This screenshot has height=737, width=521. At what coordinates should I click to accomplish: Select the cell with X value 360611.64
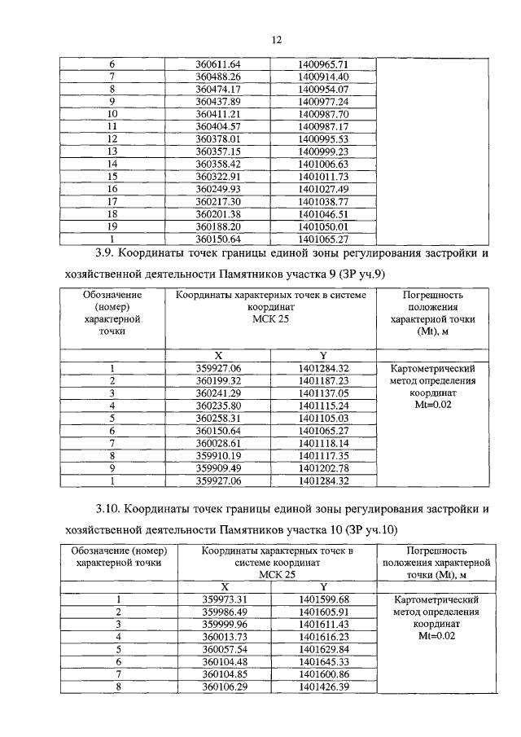(x=219, y=64)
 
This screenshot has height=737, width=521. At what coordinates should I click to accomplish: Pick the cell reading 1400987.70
(x=323, y=115)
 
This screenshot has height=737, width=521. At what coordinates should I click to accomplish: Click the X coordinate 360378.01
(x=219, y=138)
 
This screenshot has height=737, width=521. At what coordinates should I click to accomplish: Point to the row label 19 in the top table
(x=112, y=226)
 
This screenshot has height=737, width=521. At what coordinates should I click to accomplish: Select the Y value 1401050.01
(x=323, y=226)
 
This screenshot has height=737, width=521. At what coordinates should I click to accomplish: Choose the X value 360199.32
(x=219, y=380)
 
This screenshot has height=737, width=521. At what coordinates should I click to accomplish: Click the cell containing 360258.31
(x=219, y=418)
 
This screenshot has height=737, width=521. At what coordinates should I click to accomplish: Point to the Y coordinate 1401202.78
(x=323, y=468)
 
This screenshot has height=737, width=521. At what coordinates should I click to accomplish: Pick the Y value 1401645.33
(x=322, y=663)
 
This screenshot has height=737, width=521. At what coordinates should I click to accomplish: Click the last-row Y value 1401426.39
(x=322, y=688)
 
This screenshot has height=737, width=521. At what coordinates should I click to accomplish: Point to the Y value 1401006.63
(x=323, y=164)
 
